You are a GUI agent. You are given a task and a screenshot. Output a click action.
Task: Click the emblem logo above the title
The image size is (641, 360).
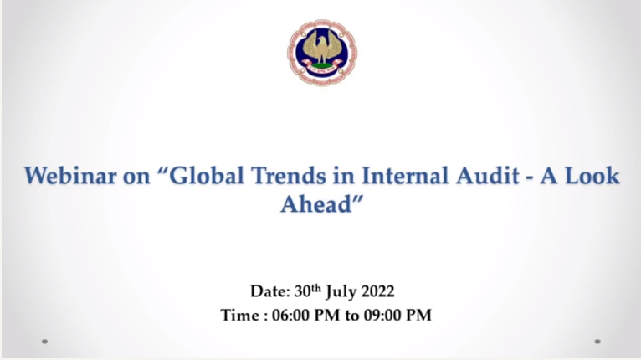[322, 53]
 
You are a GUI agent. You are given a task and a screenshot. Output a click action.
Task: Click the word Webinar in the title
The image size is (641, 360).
[70, 176]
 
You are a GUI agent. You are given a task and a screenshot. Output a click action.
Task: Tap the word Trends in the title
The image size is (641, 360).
[289, 176]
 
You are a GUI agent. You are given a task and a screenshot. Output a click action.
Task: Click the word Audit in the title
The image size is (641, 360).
[488, 176]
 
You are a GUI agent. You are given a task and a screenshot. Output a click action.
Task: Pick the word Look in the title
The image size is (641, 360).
[592, 176]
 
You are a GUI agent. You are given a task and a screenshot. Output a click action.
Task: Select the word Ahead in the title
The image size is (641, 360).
[316, 203]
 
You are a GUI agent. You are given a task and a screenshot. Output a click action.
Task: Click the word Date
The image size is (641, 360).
[269, 291]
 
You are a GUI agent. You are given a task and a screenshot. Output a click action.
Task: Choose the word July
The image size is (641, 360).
[341, 292]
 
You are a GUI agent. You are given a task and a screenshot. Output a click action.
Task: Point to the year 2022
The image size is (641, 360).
[378, 291]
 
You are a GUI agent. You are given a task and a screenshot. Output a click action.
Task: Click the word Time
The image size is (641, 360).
[239, 316]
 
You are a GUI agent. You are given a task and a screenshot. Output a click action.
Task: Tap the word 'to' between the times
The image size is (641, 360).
[352, 316]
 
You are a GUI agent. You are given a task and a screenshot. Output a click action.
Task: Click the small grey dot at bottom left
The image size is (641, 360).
[44, 342]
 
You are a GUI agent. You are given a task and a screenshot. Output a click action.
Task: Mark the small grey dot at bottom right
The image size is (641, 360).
[597, 342]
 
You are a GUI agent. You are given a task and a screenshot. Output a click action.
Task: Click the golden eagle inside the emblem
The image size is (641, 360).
[322, 49]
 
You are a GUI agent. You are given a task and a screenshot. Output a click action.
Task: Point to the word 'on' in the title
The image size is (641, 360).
[136, 178]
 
